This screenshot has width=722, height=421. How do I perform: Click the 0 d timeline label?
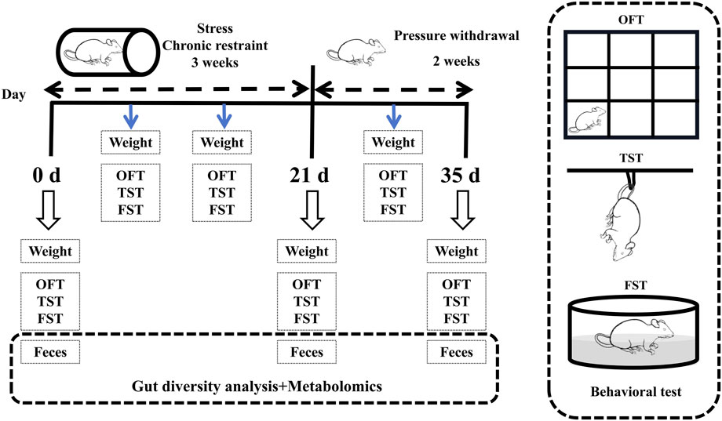[x=46, y=176]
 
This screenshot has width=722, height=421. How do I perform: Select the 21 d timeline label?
[x=309, y=176]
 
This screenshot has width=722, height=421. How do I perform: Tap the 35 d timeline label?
[x=460, y=176]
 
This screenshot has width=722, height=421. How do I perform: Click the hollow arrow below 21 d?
[x=312, y=210]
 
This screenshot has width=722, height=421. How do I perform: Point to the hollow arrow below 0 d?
[x=49, y=210]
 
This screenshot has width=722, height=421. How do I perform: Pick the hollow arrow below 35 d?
[x=462, y=210]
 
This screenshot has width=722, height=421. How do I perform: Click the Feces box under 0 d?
[x=50, y=353]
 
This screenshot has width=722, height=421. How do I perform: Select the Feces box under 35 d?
[x=456, y=353]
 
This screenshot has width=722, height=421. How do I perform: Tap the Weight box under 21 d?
[x=307, y=251]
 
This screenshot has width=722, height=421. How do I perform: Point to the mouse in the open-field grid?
[x=587, y=121]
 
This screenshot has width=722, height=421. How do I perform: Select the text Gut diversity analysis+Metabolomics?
[x=257, y=386]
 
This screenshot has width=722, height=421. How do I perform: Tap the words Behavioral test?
[x=636, y=391]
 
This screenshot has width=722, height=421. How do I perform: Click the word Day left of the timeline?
[x=13, y=95]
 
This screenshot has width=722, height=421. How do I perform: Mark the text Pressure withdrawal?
[x=456, y=35]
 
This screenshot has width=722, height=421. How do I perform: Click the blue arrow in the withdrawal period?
[x=392, y=116]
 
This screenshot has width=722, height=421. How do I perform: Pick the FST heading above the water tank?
[x=636, y=285]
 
